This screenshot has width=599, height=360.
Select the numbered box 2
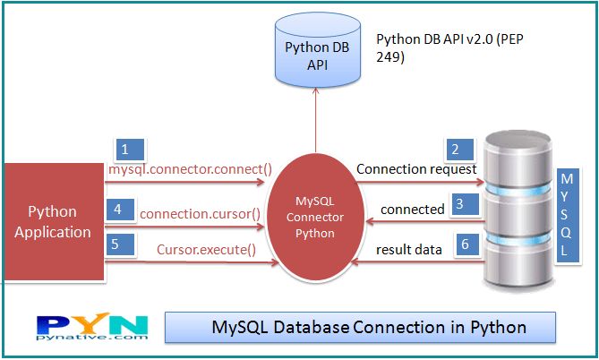pyautogui.click(x=457, y=150)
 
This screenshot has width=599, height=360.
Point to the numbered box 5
pyautogui.click(x=121, y=244)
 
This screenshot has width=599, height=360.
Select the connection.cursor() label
pyautogui.click(x=201, y=214)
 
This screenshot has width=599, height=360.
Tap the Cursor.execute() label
pyautogui.click(x=206, y=250)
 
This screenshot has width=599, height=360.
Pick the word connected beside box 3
pyautogui.click(x=412, y=209)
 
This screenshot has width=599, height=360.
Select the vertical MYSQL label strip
pyautogui.click(x=565, y=214)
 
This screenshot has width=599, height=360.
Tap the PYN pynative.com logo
pyautogui.click(x=93, y=329)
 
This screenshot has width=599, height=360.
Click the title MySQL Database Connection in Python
pyautogui.click(x=360, y=327)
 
